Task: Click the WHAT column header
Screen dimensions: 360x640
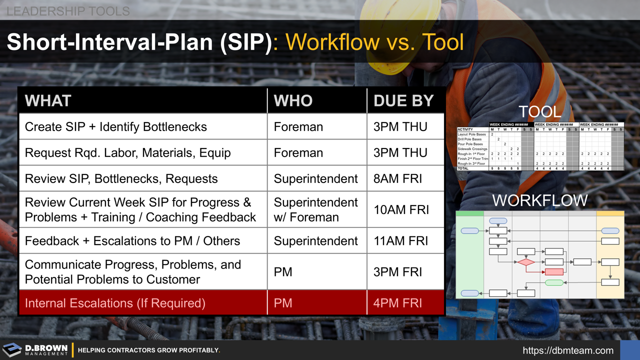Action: tap(48, 100)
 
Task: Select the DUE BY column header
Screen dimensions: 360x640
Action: tap(403, 100)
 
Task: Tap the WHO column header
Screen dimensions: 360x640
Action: tap(293, 100)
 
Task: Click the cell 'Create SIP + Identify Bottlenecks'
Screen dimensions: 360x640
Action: tap(115, 127)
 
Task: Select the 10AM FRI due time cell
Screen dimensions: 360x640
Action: tap(401, 210)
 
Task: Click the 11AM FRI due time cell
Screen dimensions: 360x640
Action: tap(401, 241)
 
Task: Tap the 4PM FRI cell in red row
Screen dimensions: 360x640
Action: tap(398, 303)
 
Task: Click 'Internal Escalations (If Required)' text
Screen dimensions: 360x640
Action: tap(115, 303)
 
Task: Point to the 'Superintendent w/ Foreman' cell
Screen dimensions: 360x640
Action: tap(315, 210)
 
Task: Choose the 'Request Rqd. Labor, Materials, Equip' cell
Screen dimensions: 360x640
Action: tap(127, 153)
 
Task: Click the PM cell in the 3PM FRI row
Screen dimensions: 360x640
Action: tap(283, 272)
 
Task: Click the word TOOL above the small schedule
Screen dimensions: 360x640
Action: tap(539, 112)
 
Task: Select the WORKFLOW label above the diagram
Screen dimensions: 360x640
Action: tap(539, 200)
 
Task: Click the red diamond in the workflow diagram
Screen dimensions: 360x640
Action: tap(525, 262)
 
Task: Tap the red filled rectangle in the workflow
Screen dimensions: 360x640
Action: tap(554, 272)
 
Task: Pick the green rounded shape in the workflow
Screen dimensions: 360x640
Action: tap(554, 282)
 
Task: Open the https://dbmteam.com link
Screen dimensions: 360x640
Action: tap(568, 350)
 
